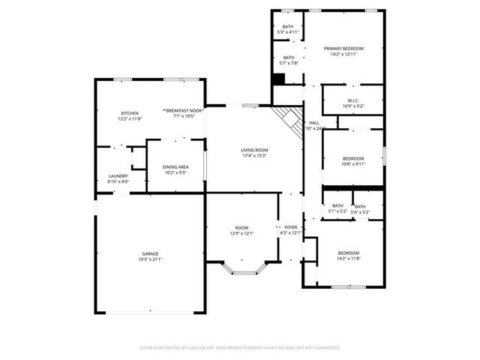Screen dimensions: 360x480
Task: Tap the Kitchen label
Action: coord(129,113)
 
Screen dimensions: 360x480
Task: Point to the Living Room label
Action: coord(254,150)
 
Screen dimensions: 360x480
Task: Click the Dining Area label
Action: coord(175,166)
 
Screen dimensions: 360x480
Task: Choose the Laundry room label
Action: coord(118,176)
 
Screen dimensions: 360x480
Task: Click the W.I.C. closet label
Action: coord(353,100)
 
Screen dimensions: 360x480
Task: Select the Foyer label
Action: coord(290,226)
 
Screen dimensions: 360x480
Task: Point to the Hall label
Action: coord(314,122)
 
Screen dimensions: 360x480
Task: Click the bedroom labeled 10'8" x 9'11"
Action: coord(353,158)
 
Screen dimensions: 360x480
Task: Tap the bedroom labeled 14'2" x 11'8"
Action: coord(348,253)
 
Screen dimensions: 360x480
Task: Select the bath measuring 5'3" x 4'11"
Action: coord(288,27)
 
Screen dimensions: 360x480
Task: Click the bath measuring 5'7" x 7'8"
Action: coord(288,58)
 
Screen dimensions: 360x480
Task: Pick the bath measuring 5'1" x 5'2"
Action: coord(337,205)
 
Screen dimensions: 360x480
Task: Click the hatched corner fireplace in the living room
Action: coord(287,117)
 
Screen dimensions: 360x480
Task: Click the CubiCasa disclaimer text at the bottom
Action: coord(240,348)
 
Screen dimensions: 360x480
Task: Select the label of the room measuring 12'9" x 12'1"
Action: coord(241,227)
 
